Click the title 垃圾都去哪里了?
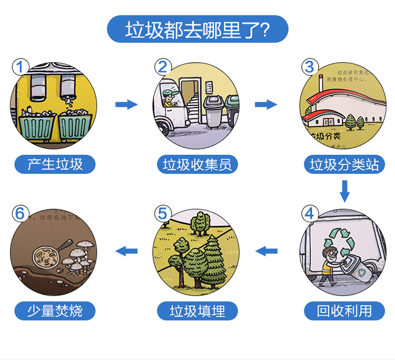197,30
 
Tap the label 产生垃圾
55,164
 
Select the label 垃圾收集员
197,164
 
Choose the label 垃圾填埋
197,310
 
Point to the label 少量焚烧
55,310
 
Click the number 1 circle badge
19,67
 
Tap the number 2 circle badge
163,67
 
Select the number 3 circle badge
310,67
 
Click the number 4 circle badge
310,213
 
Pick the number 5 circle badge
163,213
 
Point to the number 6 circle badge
19,213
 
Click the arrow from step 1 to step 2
126,104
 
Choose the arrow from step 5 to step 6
126,250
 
